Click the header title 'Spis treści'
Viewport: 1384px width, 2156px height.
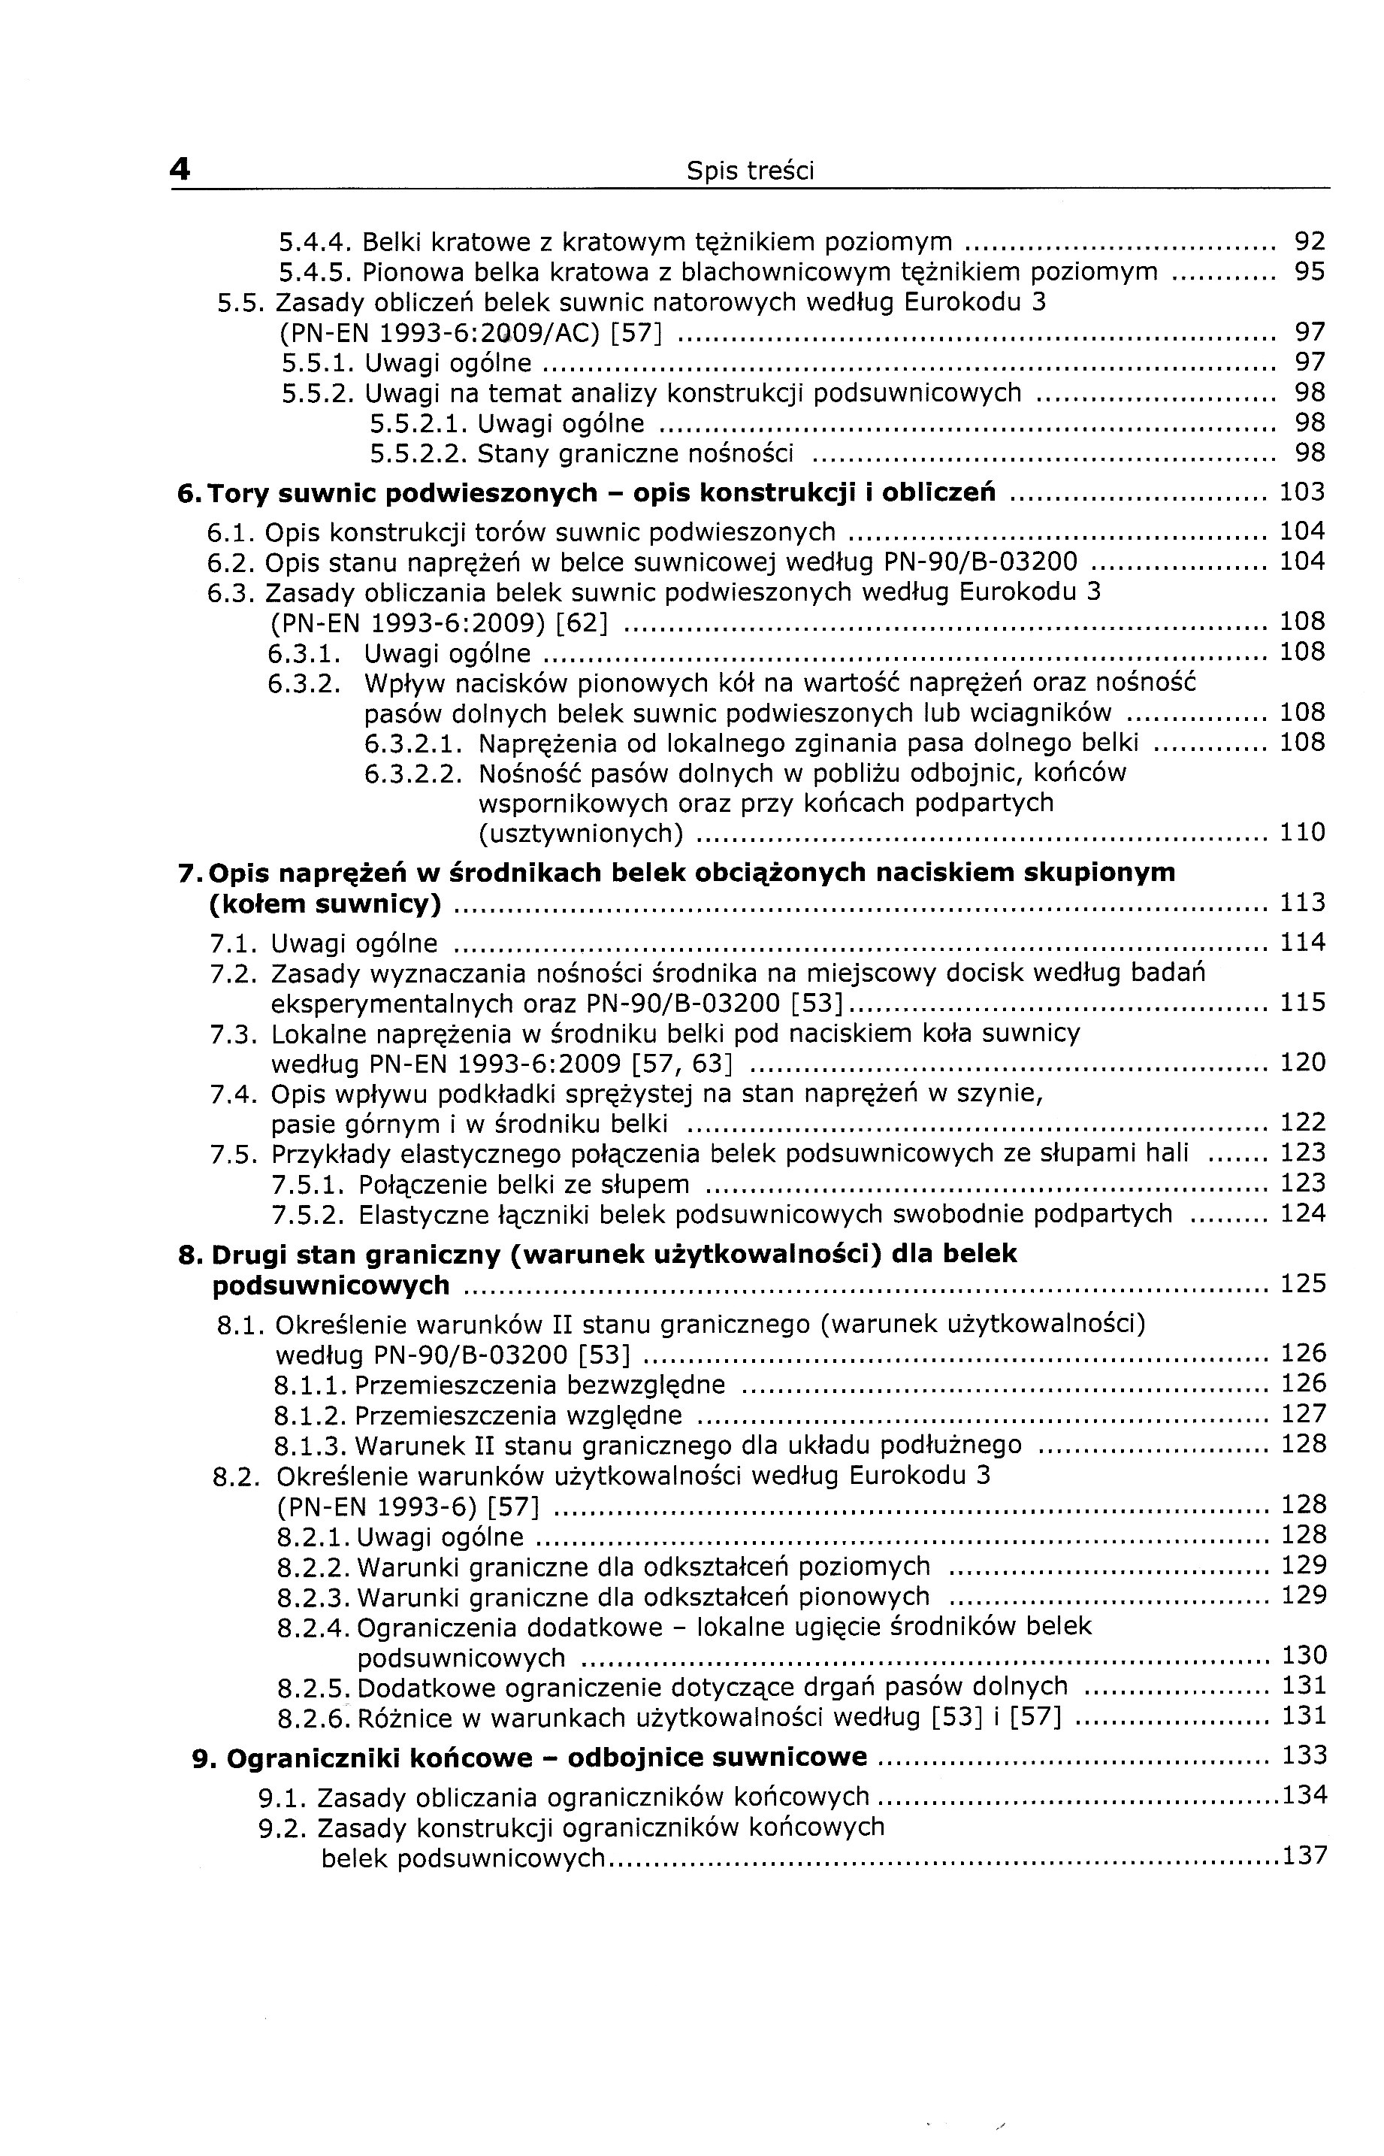(x=750, y=171)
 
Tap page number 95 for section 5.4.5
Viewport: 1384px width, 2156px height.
(x=1310, y=272)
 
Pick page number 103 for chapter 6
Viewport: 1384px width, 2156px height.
(x=1302, y=492)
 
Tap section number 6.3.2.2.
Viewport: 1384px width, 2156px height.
(x=413, y=774)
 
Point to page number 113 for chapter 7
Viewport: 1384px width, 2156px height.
(x=1302, y=903)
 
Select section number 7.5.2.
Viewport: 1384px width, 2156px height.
(x=308, y=1216)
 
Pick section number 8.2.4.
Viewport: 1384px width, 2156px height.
(x=315, y=1628)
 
